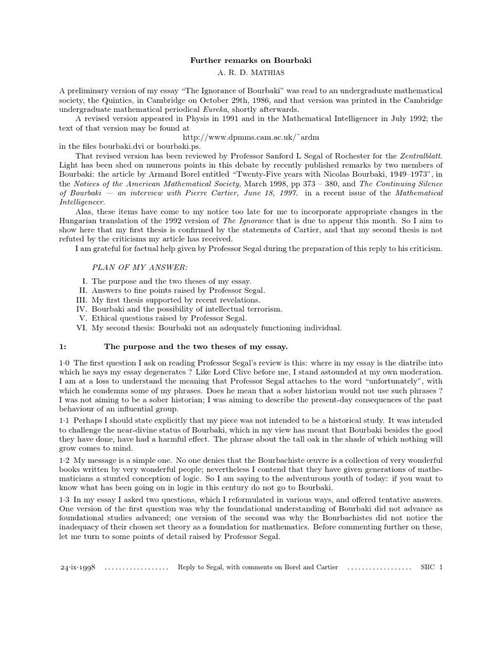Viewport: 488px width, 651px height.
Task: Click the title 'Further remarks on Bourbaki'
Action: click(x=244, y=60)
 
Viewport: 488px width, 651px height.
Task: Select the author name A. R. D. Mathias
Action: click(x=244, y=73)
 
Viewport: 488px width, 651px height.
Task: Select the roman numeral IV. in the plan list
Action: click(x=81, y=308)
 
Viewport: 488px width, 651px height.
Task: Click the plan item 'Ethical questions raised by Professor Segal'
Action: click(x=169, y=318)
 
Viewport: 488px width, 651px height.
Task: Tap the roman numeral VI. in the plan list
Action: click(x=81, y=327)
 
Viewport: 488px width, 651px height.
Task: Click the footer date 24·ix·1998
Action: click(x=76, y=566)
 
